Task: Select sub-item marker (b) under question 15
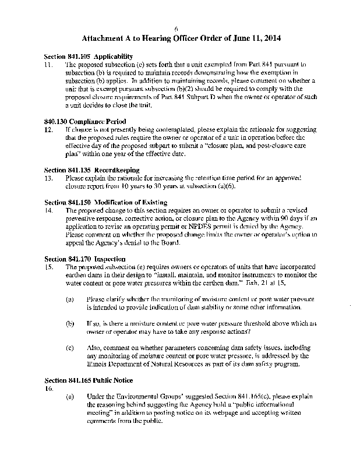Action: click(x=70, y=323)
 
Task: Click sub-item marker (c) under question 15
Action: click(x=70, y=347)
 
